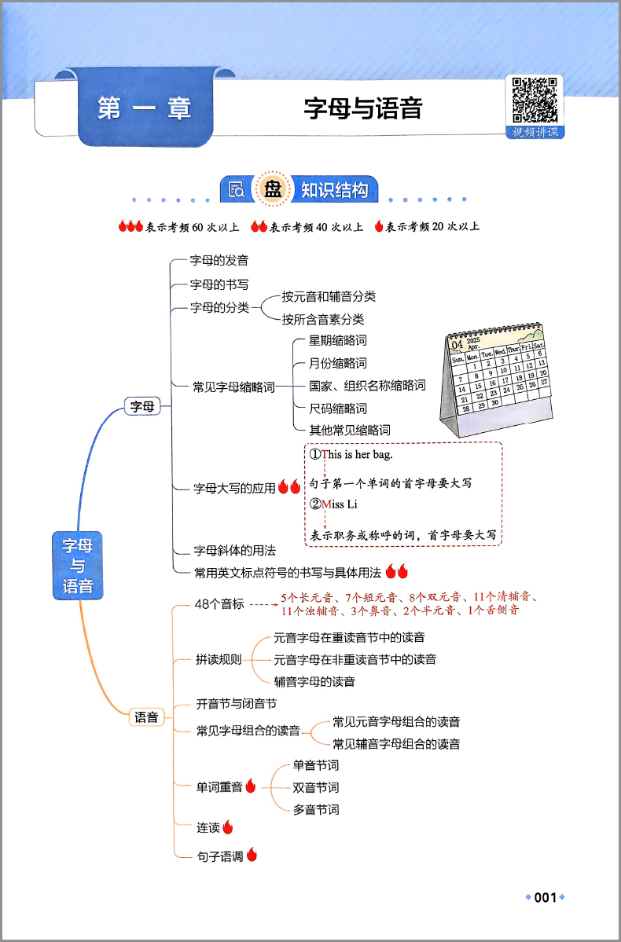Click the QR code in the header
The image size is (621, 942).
[x=535, y=100]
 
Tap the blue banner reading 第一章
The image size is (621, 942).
[x=145, y=108]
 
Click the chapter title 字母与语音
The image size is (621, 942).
[x=363, y=108]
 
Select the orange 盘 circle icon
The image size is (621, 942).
[x=274, y=190]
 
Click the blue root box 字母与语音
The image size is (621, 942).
[x=78, y=566]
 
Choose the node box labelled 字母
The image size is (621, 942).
[x=141, y=407]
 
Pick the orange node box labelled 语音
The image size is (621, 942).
[x=147, y=717]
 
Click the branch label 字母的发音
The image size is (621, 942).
[x=219, y=260]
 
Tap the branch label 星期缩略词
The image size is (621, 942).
[x=338, y=341]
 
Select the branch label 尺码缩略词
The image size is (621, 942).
[x=338, y=409]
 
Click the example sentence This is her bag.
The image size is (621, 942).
[x=351, y=455]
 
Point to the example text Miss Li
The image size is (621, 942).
[x=333, y=504]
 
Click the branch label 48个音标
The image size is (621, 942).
[x=220, y=604]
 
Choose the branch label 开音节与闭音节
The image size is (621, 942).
[x=237, y=703]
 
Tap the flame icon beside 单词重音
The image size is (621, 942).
[x=251, y=786]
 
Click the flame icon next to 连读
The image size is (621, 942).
[x=227, y=827]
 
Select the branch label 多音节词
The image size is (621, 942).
[x=316, y=809]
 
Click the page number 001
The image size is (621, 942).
[x=546, y=897]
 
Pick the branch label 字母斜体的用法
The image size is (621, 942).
[x=235, y=550]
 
